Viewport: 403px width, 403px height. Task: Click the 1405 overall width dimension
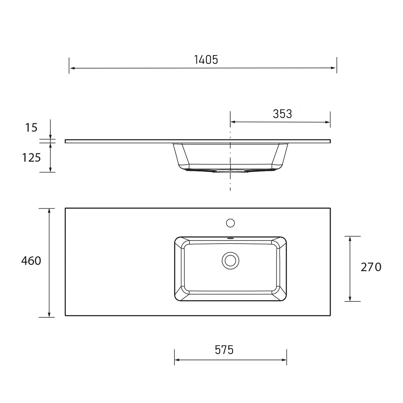pos(206,60)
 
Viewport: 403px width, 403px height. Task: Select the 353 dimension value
pos(282,114)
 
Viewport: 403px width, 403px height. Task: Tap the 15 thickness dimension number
pos(31,128)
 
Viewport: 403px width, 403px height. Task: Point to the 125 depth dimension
pos(31,158)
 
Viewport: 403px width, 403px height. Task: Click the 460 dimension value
pos(31,261)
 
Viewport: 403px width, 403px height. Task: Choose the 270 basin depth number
pos(371,267)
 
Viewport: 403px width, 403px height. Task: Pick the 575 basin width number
pos(224,350)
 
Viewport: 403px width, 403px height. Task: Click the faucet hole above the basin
pos(230,223)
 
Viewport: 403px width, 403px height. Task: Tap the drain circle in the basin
pos(230,260)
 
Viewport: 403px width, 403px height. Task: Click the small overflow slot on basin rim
pos(230,238)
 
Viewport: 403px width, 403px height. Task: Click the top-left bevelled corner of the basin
pos(180,242)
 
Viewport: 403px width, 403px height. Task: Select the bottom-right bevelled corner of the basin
pos(282,296)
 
